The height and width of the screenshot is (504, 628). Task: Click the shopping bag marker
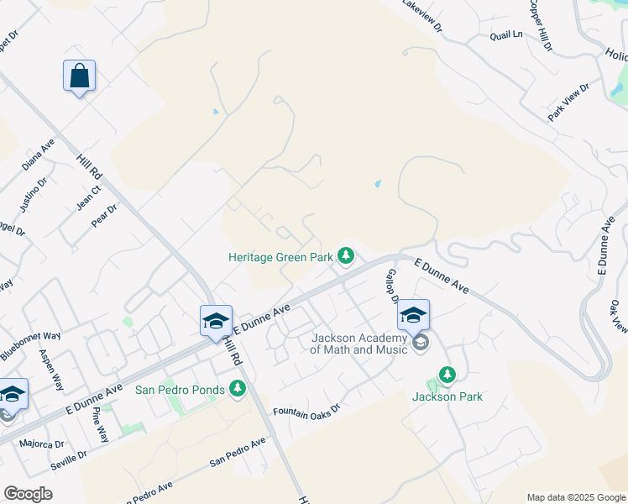coord(79,76)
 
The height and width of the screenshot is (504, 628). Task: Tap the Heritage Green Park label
coord(281,258)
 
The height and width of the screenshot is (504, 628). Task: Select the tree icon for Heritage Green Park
coord(345,254)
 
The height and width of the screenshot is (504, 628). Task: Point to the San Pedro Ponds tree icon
coord(238,388)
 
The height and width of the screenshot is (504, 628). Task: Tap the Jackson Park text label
coord(447,396)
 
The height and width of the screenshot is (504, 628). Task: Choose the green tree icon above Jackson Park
coord(447,374)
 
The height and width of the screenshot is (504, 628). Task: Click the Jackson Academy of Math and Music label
coord(359,344)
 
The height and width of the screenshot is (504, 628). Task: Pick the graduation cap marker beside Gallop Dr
coord(413,316)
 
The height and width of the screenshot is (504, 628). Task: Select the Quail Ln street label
coord(506,35)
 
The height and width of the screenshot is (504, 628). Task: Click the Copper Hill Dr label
coord(540,24)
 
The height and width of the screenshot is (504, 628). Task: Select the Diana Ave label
coord(39,155)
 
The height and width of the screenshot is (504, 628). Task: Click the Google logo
coord(28,494)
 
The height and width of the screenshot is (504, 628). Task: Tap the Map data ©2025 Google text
coord(576,497)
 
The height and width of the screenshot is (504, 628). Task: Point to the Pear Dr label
coord(103,218)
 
